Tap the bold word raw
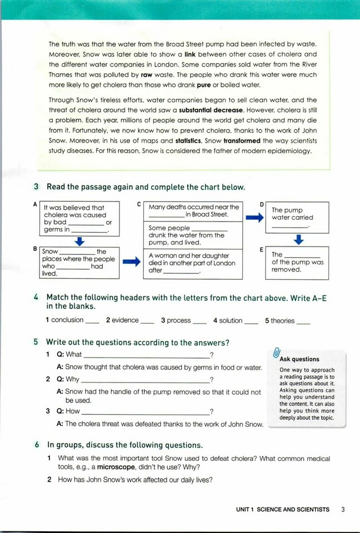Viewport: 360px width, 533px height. tap(147, 74)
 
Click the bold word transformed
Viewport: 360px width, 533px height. tap(243, 141)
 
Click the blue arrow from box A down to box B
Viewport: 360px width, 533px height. tap(79, 241)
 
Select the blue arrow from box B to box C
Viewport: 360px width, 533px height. tap(131, 262)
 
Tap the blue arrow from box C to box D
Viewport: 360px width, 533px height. tap(254, 218)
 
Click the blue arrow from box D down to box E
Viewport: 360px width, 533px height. tap(298, 239)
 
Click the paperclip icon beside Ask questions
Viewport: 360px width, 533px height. tap(277, 354)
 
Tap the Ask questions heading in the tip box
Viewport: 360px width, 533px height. tap(299, 359)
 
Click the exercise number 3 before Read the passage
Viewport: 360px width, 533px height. tap(36, 187)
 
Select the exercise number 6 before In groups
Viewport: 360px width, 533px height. tap(36, 445)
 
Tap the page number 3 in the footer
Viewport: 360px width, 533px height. tap(343, 509)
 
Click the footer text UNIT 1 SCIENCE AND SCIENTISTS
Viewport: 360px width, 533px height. tap(282, 509)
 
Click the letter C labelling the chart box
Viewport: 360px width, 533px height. tap(139, 204)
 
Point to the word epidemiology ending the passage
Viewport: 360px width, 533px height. tap(289, 151)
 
